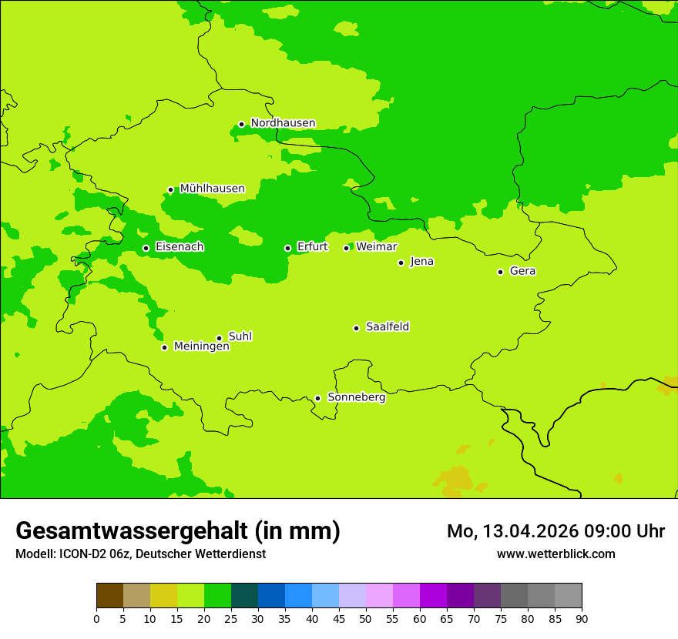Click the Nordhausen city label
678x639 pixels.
tap(283, 123)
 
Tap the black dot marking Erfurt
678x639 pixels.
tap(287, 248)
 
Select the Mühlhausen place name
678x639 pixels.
tap(212, 189)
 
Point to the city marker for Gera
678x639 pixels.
tap(500, 272)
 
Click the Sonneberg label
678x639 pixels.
tap(356, 397)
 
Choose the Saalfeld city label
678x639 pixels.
tap(387, 327)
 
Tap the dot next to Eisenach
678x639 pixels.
tap(146, 248)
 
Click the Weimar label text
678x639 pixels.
tap(376, 247)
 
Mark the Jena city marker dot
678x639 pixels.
tap(401, 263)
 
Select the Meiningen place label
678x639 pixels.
tap(201, 346)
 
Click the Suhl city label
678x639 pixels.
tap(240, 336)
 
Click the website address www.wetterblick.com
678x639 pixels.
tap(555, 554)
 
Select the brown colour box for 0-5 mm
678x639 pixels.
tap(109, 596)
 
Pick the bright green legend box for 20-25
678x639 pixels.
tap(217, 596)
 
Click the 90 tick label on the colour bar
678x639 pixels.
tap(582, 618)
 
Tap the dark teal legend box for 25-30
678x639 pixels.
tap(244, 596)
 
